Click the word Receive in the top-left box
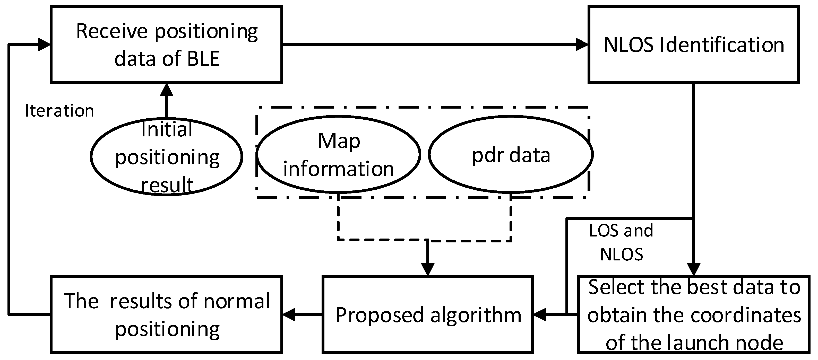click(112, 32)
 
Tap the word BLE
click(203, 59)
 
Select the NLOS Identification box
click(694, 45)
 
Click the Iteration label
click(59, 111)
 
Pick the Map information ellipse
click(339, 155)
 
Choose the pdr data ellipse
click(511, 155)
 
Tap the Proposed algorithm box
click(427, 315)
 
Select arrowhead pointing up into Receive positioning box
click(166, 90)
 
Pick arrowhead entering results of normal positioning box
click(289, 315)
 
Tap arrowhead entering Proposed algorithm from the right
click(539, 315)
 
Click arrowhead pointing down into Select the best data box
click(694, 269)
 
